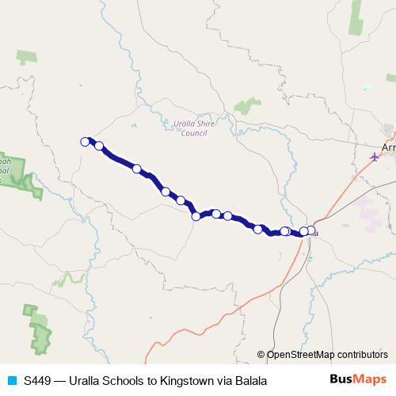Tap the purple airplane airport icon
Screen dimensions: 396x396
click(375, 157)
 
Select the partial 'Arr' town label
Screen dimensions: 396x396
click(388, 148)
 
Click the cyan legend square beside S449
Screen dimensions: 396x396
click(12, 381)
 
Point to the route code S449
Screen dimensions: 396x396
click(38, 381)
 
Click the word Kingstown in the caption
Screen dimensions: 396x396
click(187, 381)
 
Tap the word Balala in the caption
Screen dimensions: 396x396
click(247, 381)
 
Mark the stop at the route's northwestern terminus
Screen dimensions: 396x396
click(85, 142)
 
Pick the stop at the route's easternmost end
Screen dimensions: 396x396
click(310, 231)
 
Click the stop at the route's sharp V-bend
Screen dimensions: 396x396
click(196, 216)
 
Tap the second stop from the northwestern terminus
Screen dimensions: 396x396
click(99, 146)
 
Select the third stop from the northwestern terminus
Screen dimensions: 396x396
click(137, 169)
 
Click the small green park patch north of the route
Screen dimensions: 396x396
click(248, 105)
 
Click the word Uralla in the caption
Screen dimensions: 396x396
click(85, 381)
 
